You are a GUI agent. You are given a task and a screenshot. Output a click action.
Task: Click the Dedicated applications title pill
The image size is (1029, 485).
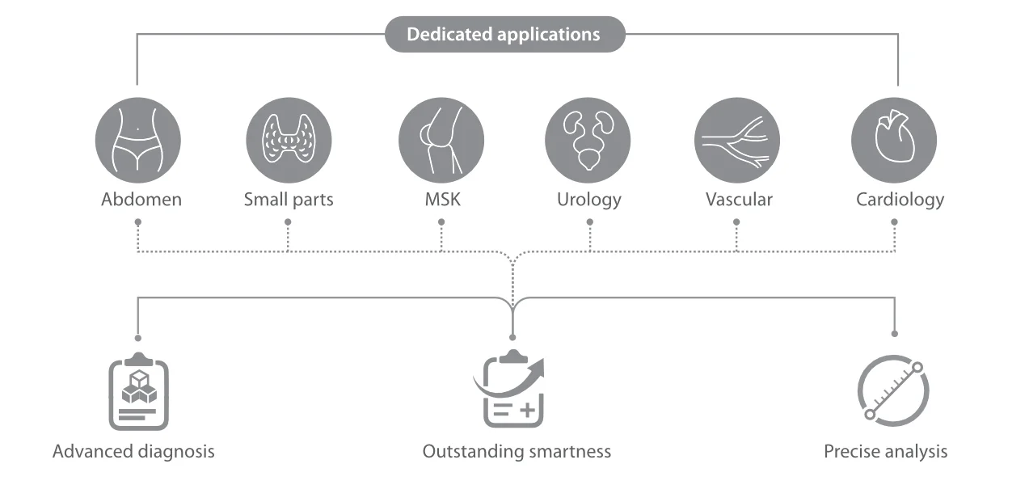click(505, 35)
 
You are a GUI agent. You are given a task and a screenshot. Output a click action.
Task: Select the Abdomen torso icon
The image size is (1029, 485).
click(137, 140)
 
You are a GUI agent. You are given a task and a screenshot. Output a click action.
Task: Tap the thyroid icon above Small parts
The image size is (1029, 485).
click(289, 140)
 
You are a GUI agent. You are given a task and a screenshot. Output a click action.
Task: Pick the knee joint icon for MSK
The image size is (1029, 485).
click(441, 140)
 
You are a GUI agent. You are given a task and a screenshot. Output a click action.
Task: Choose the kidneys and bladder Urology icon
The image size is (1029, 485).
click(588, 140)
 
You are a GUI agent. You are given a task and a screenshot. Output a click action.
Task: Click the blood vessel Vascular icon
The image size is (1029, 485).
click(737, 140)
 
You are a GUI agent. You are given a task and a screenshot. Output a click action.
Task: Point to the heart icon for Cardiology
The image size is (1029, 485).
click(894, 140)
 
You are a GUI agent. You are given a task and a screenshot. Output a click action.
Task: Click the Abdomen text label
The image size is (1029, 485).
click(141, 200)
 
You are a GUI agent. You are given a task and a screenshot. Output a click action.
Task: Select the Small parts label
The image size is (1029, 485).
click(289, 200)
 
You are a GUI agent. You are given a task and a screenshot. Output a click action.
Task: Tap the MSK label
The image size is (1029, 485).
click(442, 200)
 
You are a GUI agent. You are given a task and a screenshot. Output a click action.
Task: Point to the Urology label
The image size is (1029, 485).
click(589, 200)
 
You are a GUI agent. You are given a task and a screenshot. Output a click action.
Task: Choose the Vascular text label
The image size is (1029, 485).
click(739, 200)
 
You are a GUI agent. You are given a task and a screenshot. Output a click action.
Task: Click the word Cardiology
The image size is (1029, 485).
click(900, 200)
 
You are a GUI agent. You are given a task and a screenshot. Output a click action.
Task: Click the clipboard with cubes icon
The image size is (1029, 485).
click(139, 391)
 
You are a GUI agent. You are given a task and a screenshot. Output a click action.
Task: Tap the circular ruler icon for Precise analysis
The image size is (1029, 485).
click(893, 391)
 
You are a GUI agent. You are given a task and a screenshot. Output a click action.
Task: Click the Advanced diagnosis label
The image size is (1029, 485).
click(133, 452)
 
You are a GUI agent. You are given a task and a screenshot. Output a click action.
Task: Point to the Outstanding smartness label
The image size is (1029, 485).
click(517, 452)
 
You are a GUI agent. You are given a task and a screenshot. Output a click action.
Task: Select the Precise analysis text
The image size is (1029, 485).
click(886, 452)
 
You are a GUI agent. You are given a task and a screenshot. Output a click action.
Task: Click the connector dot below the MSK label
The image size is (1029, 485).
click(441, 221)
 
